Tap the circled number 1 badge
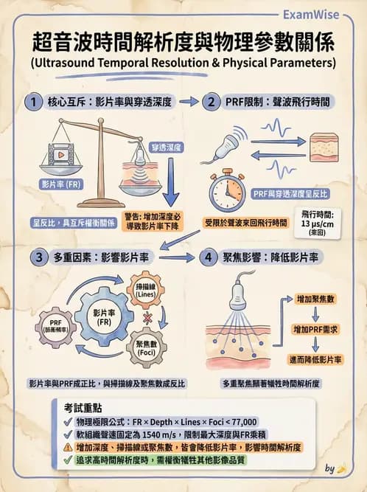pos(32,102)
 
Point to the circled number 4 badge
pos(209,258)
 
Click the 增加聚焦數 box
pos(316,299)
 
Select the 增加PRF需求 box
pos(316,329)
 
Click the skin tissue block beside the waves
pos(331,148)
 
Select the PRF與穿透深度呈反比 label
pos(290,193)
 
